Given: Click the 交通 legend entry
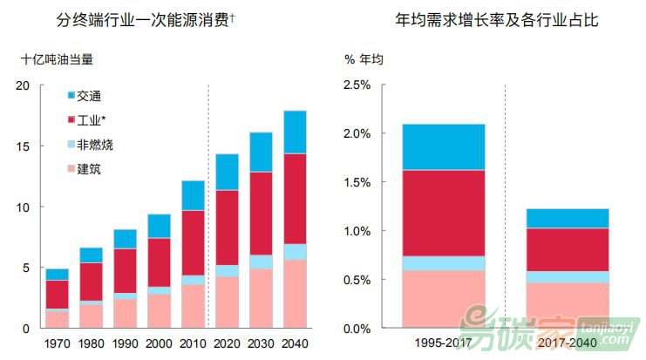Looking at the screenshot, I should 88,95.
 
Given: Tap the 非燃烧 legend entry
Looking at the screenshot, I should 94,145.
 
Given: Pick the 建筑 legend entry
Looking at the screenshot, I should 88,169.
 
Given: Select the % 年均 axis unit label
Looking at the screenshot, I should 364,59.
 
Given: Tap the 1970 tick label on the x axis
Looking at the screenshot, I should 57,343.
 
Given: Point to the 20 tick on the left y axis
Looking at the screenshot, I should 23,85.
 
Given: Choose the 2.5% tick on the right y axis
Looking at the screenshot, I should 357,85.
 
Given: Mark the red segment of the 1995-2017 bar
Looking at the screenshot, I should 443,213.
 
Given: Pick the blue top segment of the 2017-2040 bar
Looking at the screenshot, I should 567,218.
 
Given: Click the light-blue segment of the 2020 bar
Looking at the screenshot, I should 226,270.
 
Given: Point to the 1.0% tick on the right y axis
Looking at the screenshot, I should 357,231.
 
